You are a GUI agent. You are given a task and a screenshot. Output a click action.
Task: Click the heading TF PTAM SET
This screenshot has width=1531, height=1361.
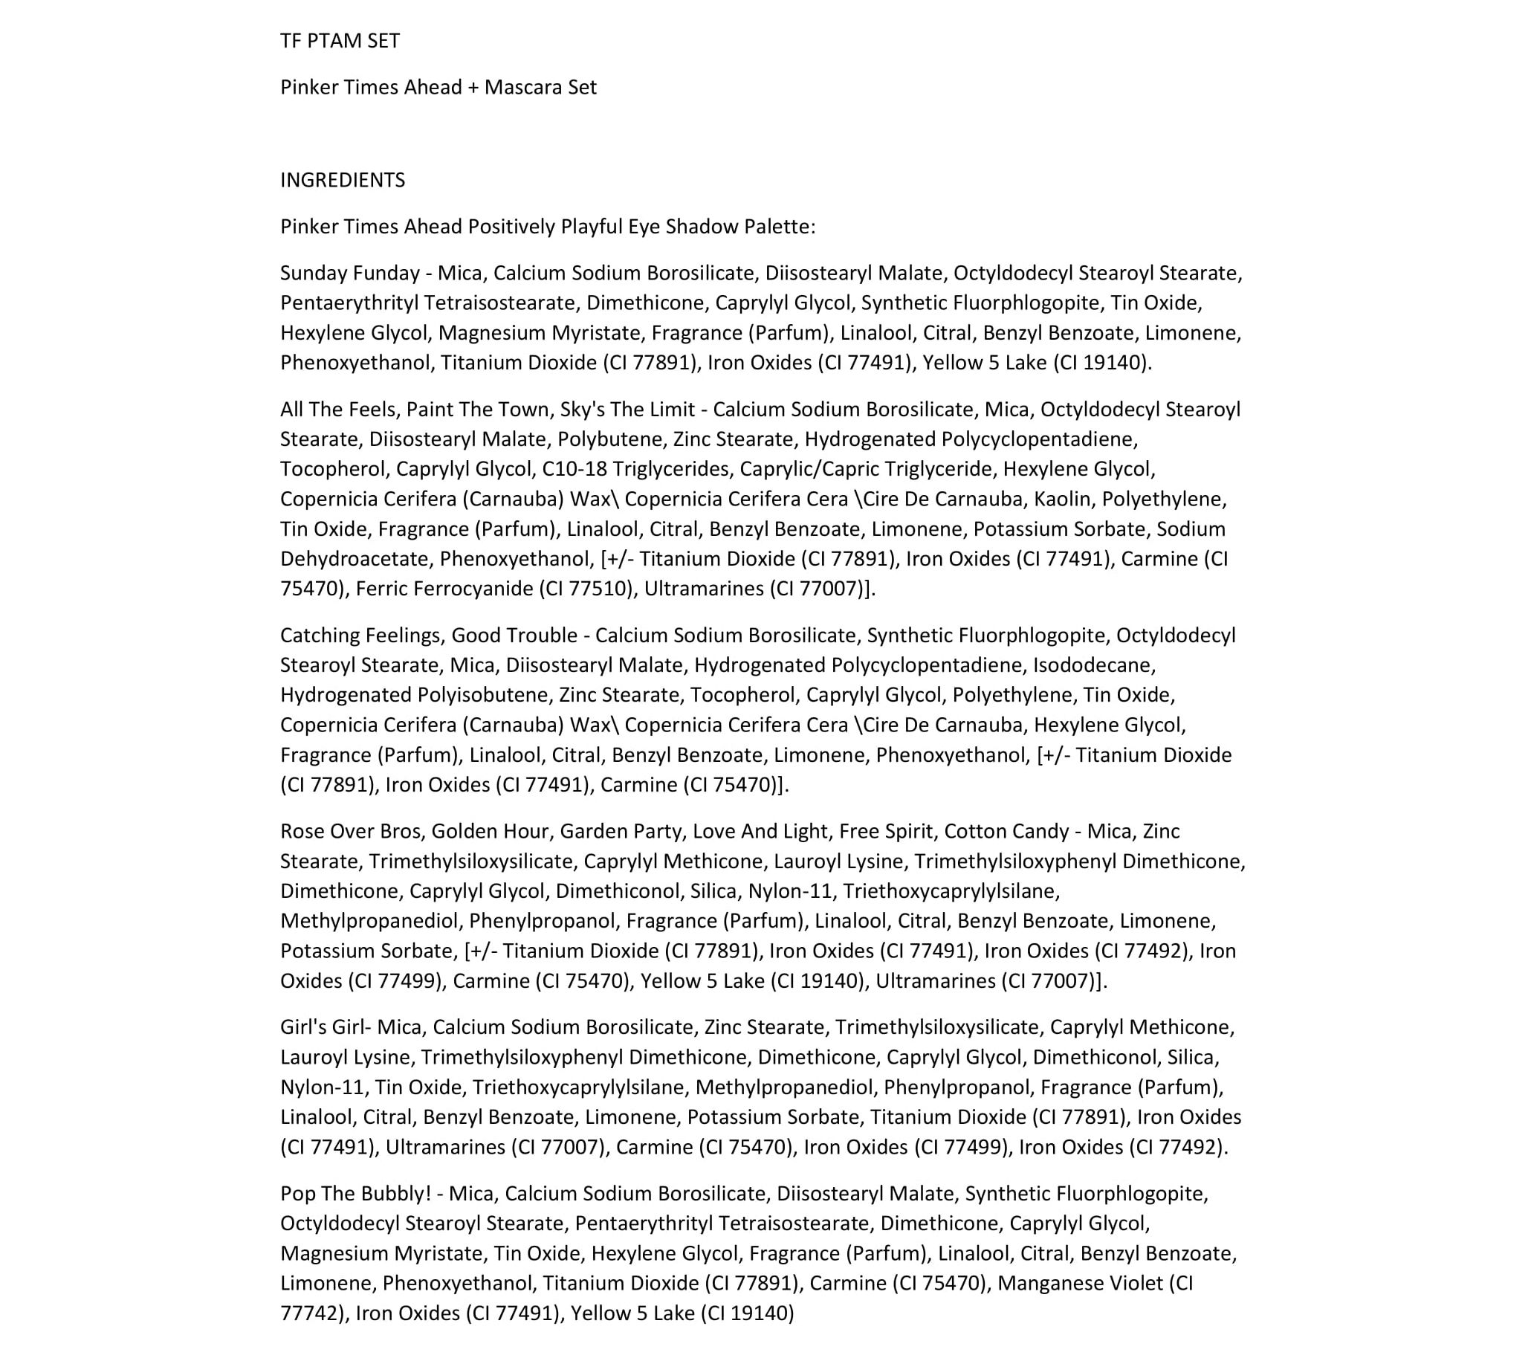(340, 40)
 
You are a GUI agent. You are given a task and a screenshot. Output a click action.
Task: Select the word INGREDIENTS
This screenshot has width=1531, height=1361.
(343, 180)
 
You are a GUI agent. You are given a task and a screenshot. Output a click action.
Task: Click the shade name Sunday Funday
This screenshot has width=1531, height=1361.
(350, 273)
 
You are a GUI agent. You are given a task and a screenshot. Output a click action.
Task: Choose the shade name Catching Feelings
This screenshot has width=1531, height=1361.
(363, 636)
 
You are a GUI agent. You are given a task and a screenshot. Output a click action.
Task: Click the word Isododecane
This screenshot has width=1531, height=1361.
(1093, 665)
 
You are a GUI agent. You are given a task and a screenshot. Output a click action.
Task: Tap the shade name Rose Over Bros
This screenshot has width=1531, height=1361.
(351, 832)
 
